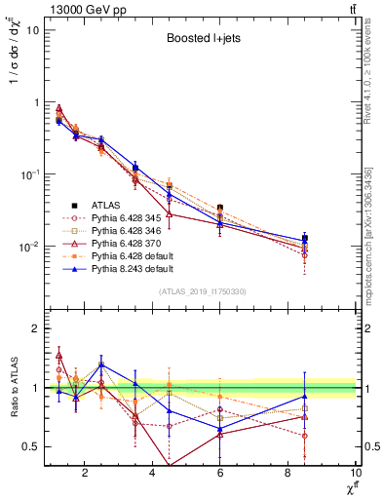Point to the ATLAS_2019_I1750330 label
pyautogui.click(x=203, y=291)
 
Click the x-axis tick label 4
pyautogui.click(x=153, y=474)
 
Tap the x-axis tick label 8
pyautogui.click(x=288, y=474)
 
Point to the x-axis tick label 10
pyautogui.click(x=355, y=474)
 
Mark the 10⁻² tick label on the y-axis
pyautogui.click(x=28, y=247)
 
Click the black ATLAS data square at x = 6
pyautogui.click(x=220, y=208)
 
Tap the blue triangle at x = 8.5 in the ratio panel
pyautogui.click(x=305, y=396)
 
